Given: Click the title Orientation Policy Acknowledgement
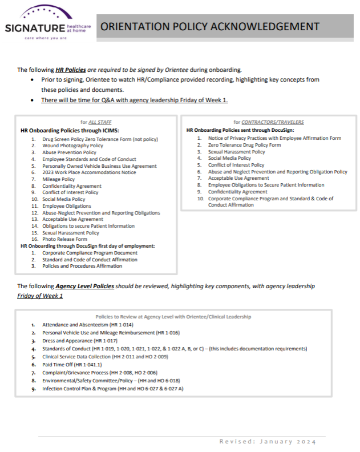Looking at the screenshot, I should tap(209, 26).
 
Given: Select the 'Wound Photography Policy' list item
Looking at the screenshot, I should tap(72, 146).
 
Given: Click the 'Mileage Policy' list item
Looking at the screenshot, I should tap(58, 179).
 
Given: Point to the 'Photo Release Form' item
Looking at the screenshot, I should tap(64, 239).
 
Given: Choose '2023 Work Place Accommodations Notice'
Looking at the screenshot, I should tap(89, 172).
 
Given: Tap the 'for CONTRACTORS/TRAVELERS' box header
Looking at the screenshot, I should tap(268, 122).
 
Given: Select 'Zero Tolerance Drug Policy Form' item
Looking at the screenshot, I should tap(244, 145).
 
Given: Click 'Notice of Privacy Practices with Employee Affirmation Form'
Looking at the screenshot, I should tap(274, 138).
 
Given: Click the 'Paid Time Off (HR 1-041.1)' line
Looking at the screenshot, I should tap(72, 365).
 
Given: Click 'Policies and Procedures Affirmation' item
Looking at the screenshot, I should tap(82, 266).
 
